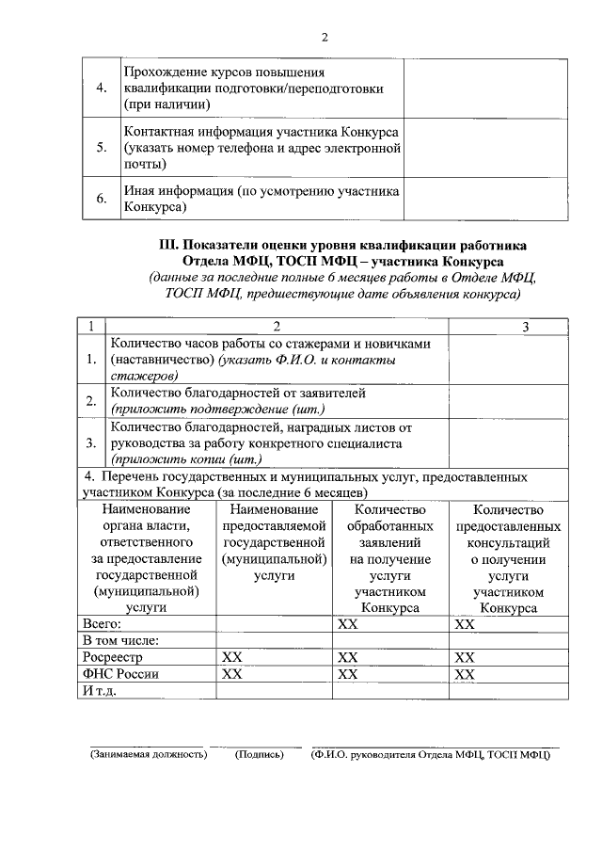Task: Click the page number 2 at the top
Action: pyautogui.click(x=325, y=38)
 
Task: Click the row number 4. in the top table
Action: pyautogui.click(x=102, y=88)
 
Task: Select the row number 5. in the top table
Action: pyautogui.click(x=102, y=148)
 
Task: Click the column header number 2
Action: pyautogui.click(x=277, y=326)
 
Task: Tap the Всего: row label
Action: pyautogui.click(x=103, y=623)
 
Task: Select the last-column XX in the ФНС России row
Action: pyautogui.click(x=465, y=674)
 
